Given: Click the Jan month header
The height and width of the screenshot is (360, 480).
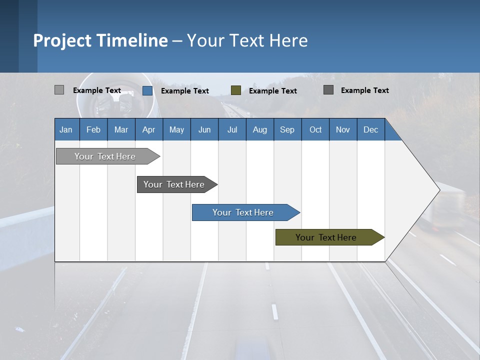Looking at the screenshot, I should point(66,129).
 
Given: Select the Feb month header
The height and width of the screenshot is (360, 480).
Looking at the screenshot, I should point(93,129).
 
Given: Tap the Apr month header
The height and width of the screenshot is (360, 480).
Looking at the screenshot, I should point(148,129).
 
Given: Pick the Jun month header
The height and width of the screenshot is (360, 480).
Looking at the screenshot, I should point(204,129).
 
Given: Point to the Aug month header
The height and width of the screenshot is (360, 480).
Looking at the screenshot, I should point(259,129).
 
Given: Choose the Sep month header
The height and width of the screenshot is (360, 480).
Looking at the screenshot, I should point(287,129).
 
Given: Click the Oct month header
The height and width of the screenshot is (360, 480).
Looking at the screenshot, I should point(315,129).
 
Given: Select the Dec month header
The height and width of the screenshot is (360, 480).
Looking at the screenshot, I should point(370,129).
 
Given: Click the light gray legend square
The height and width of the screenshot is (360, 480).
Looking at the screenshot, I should point(59,90).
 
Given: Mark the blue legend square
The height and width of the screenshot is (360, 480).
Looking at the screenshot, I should point(147,90).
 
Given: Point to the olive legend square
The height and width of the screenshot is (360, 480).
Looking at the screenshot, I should point(236,90).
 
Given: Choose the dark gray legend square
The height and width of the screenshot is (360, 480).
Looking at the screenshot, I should point(328,90).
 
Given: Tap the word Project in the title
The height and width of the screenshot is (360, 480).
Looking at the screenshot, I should point(61,40).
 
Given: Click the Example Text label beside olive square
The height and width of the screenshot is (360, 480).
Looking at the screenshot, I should point(272,90).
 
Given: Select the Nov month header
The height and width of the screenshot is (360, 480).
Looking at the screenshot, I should point(343,129).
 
